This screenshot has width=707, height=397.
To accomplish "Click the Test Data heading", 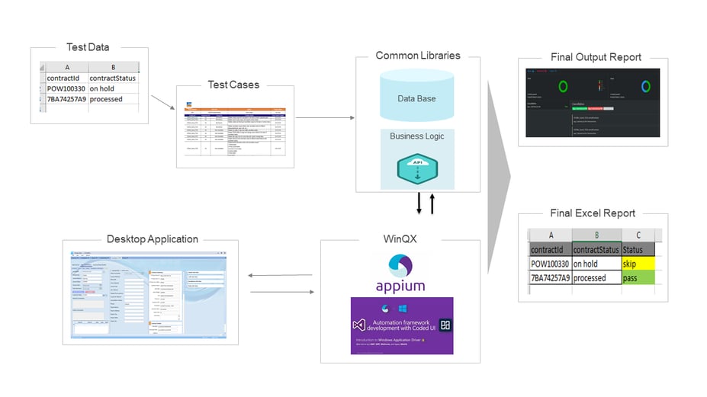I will (x=88, y=47).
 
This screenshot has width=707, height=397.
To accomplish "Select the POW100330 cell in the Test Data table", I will (x=66, y=88).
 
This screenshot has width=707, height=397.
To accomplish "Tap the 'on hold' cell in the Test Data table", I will (x=107, y=88).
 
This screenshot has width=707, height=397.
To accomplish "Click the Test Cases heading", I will (x=233, y=85).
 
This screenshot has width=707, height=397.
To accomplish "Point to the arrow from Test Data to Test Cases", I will (x=162, y=102).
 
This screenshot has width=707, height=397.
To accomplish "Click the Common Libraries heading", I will (x=418, y=56).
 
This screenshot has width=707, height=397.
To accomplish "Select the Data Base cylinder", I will (x=416, y=98).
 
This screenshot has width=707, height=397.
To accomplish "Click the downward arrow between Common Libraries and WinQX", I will (x=419, y=204).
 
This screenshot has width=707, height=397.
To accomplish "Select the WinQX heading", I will (x=400, y=239).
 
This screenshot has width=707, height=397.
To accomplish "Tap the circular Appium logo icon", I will (x=400, y=264).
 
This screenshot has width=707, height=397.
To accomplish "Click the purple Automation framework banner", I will (x=401, y=325).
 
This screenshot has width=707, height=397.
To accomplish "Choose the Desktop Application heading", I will (x=152, y=239).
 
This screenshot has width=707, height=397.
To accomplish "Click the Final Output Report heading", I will (x=596, y=57).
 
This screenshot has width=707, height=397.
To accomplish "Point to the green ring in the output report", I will (x=563, y=86).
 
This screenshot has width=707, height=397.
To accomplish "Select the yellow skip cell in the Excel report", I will (x=638, y=264).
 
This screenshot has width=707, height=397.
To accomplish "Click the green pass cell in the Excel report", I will (x=638, y=278).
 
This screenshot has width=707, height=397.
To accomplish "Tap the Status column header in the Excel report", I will (x=633, y=250).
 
